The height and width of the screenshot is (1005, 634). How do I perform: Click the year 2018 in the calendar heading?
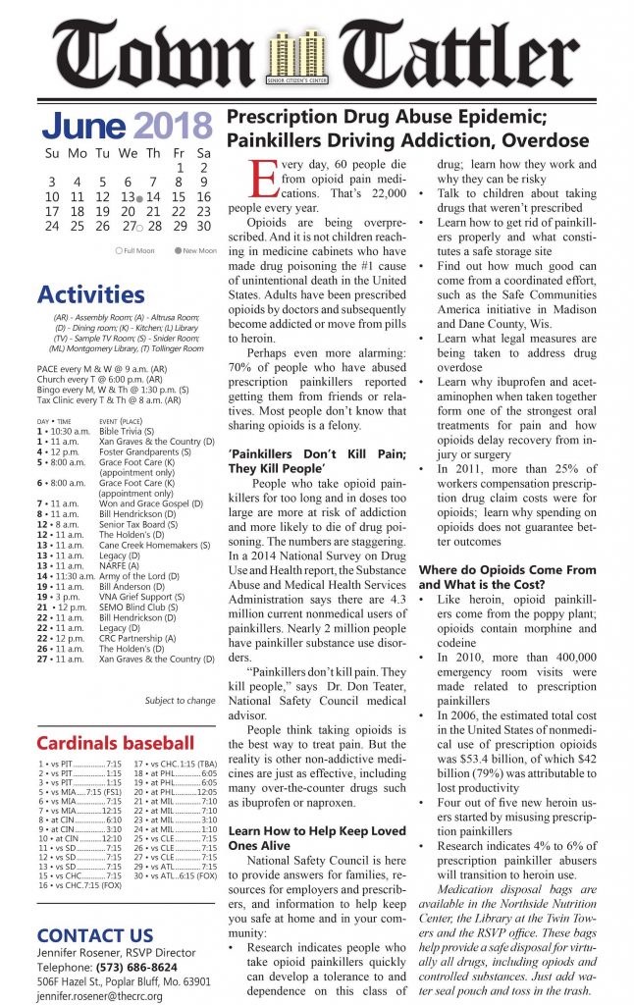[173, 126]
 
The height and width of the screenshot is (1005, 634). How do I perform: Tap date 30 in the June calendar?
[204, 226]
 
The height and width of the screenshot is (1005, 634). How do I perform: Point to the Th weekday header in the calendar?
[153, 154]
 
